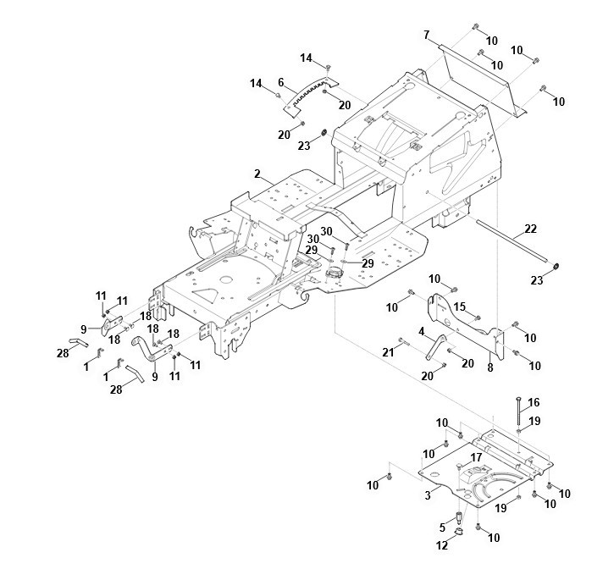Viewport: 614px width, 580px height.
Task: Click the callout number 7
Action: click(x=427, y=35)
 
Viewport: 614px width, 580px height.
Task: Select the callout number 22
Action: click(x=530, y=229)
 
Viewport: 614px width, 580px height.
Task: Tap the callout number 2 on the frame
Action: click(x=257, y=173)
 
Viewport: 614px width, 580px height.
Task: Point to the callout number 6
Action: click(x=279, y=81)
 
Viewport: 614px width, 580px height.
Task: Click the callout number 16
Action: click(x=533, y=402)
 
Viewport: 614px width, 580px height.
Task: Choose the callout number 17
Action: click(x=476, y=457)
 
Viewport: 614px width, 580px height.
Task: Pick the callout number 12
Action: click(x=441, y=546)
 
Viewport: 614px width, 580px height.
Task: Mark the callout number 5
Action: click(x=441, y=526)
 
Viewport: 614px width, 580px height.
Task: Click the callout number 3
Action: click(x=428, y=492)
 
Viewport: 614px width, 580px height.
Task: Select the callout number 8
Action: click(x=490, y=367)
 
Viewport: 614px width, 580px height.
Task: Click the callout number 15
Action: click(x=460, y=306)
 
